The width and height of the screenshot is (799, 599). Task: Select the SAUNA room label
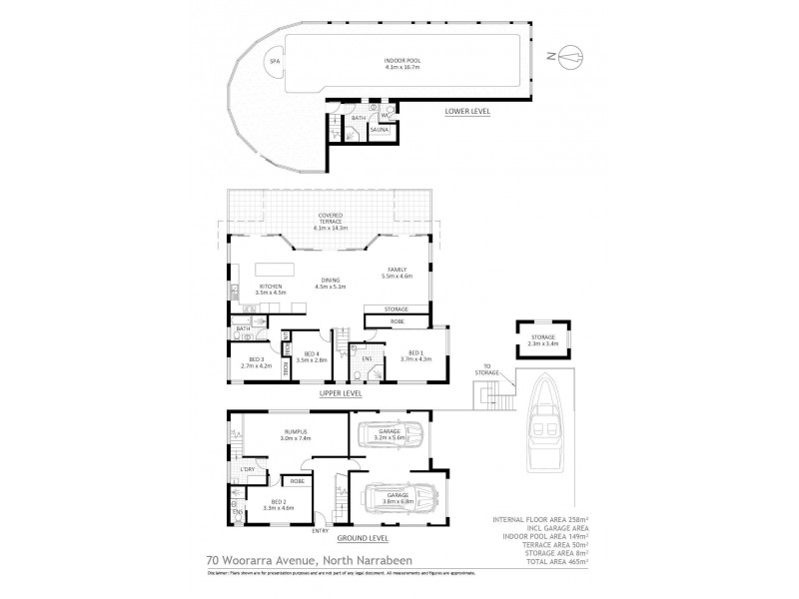380,131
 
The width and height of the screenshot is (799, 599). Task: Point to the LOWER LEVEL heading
467,112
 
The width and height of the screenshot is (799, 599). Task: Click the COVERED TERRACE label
331,219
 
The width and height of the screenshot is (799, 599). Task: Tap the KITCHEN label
274,290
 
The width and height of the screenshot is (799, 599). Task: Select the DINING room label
332,283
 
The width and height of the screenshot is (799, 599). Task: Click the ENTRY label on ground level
320,531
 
